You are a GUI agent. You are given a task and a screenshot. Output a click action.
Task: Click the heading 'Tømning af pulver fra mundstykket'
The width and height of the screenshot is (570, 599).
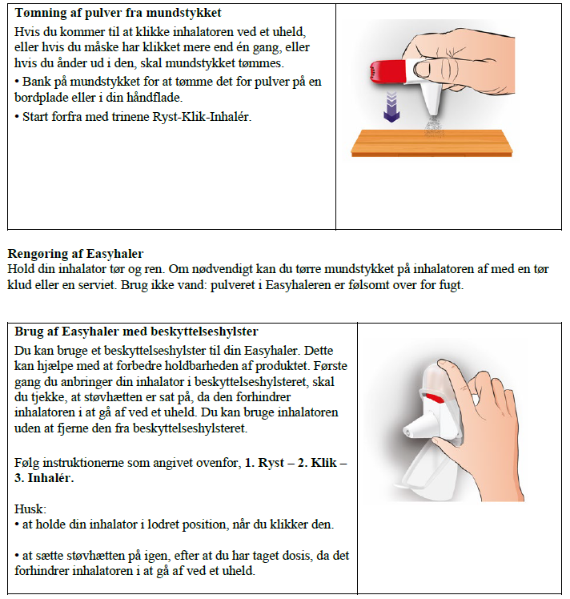[x=118, y=14]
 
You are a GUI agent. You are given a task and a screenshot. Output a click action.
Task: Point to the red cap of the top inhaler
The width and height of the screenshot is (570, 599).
[x=390, y=70]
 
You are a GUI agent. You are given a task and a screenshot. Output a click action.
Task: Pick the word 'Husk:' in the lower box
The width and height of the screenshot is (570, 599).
[x=30, y=508]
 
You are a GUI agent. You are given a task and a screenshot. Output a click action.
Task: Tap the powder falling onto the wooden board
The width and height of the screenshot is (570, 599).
[x=437, y=127]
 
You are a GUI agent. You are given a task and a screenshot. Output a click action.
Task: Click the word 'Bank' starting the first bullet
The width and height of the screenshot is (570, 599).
[x=35, y=82]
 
